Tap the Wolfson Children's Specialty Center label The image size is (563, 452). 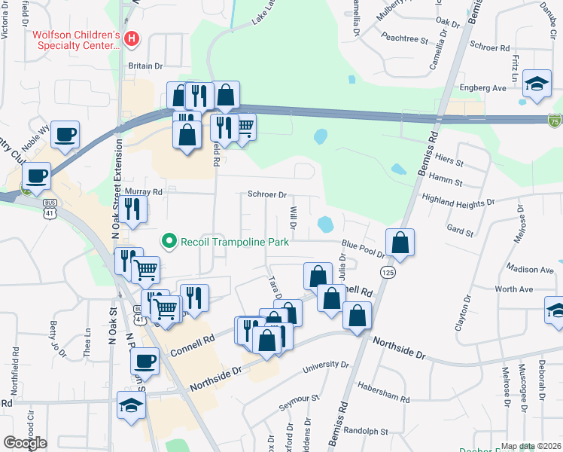76,40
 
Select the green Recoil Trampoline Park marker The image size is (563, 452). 169,242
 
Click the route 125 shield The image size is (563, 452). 388,270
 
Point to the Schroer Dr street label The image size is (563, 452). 268,194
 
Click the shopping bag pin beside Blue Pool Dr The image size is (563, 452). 400,243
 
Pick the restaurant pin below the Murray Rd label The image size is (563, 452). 133,209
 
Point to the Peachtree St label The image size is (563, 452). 404,36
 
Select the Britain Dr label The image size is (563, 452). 145,66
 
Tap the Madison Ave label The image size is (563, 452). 530,269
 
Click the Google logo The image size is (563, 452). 25,443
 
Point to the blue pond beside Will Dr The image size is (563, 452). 326,224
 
